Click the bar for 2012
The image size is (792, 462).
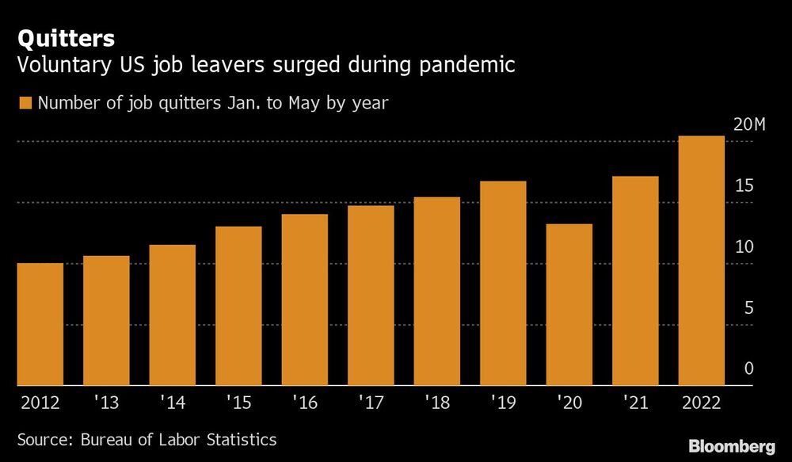point(40,324)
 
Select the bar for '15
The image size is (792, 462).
point(238,306)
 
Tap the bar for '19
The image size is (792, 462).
point(503,283)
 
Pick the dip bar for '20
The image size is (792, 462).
point(569,304)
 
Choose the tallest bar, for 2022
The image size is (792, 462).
point(702,261)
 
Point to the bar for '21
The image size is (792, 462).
point(635,281)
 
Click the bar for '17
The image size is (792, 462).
point(371,296)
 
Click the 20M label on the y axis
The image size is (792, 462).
point(749,125)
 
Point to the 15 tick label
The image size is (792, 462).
point(743,186)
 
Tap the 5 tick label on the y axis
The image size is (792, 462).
point(748,308)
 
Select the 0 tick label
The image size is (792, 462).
point(748,369)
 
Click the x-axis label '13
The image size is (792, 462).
point(105,403)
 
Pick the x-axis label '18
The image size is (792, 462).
point(437,403)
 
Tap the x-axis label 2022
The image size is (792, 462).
point(701,403)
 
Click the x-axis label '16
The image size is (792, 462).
point(305,403)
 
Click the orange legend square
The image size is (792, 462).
point(25,104)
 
